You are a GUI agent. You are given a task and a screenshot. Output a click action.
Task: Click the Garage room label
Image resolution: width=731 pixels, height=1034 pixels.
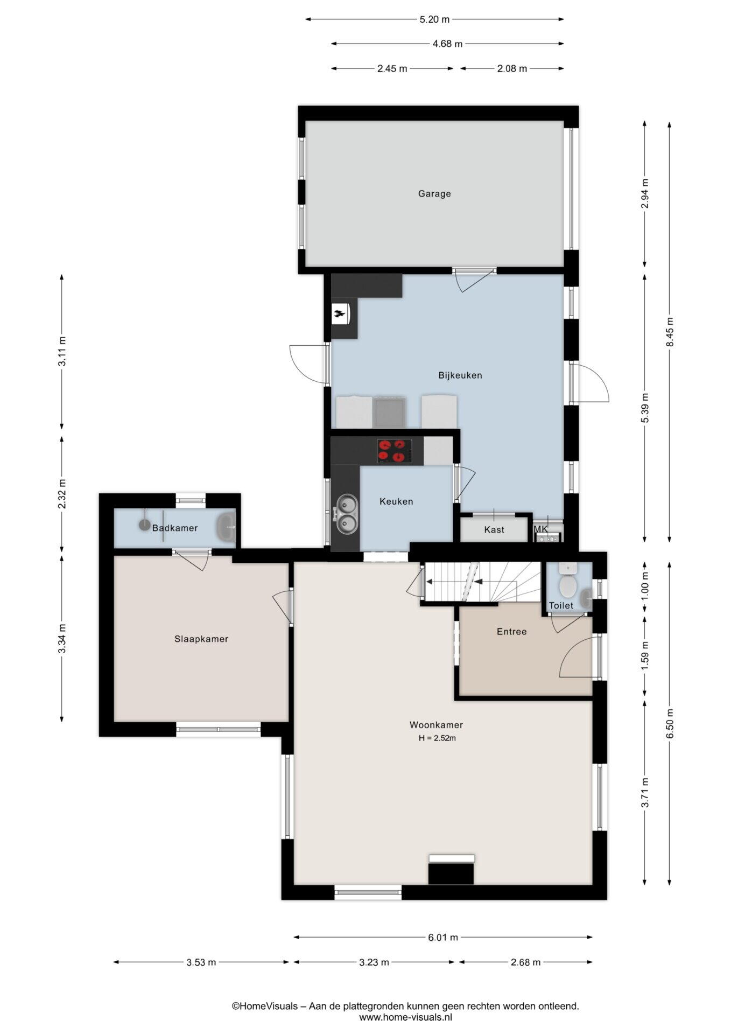[434, 194]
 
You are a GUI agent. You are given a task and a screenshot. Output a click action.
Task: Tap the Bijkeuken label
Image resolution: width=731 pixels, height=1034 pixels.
[460, 375]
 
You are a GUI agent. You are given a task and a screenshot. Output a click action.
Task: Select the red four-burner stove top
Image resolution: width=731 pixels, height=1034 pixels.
[391, 451]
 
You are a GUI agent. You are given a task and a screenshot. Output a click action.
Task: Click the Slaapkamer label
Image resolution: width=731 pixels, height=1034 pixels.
[201, 639]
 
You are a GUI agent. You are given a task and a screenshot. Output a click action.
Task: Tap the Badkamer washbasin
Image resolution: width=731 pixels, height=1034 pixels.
[226, 527]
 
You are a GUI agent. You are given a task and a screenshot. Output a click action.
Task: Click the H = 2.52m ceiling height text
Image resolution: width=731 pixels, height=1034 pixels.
[437, 738]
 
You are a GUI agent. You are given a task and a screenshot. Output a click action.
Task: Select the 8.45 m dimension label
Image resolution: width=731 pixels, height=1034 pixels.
[670, 332]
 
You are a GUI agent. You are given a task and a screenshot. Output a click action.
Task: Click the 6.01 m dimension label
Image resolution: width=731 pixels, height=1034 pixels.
[443, 938]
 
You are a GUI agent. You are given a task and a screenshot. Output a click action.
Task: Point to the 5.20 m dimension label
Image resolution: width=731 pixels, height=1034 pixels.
[434, 19]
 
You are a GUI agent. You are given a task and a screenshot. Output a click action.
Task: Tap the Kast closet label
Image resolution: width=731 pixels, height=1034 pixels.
[494, 530]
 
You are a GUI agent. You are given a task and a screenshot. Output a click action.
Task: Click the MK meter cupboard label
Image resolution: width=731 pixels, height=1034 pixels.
[540, 529]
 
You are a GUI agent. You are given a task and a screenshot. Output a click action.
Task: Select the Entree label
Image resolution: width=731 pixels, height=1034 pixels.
[511, 632]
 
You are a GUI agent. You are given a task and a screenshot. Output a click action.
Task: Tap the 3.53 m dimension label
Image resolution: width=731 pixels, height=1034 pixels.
[201, 962]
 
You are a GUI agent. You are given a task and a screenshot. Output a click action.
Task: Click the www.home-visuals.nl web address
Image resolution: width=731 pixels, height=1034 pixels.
[406, 1017]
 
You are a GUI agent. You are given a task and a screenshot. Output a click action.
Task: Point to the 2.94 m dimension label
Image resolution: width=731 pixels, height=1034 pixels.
[645, 193]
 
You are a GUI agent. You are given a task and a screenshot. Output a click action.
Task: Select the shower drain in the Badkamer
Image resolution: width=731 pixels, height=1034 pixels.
[144, 525]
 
